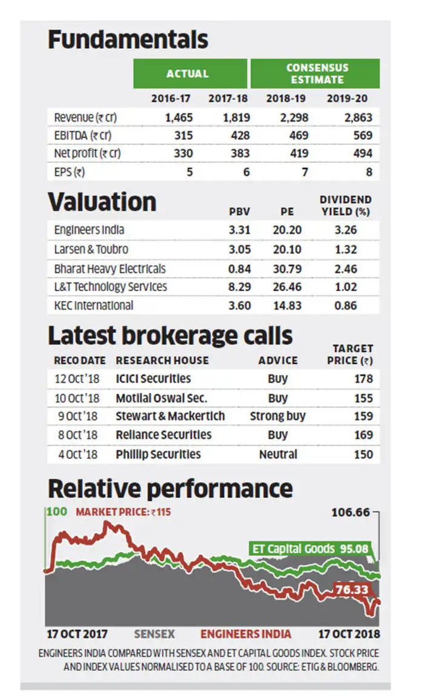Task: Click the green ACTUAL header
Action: [190, 73]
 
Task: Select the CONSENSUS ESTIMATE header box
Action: [315, 73]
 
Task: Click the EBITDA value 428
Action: [240, 135]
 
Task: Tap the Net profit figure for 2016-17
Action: [183, 153]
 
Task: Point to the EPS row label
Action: [69, 172]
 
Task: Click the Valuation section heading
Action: [102, 202]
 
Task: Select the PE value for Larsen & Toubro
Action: [287, 249]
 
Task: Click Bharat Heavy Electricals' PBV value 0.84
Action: [239, 269]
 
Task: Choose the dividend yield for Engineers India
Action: [345, 230]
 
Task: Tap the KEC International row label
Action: [93, 306]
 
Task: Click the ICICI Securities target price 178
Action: [363, 379]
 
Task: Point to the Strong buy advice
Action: [277, 416]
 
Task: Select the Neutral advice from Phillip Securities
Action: [278, 455]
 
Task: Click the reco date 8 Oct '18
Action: [78, 435]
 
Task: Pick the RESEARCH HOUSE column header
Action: [162, 360]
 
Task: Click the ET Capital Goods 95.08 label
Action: [310, 549]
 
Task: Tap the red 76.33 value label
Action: [352, 589]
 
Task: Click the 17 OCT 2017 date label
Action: [77, 634]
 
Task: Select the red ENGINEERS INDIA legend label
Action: [246, 634]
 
